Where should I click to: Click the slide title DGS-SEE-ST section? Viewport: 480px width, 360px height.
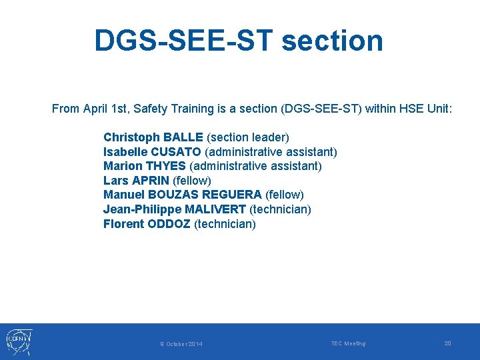click(x=239, y=40)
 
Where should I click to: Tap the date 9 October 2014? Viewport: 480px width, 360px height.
click(x=181, y=344)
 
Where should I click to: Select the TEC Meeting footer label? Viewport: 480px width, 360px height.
click(x=348, y=343)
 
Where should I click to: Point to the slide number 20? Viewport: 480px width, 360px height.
click(x=447, y=343)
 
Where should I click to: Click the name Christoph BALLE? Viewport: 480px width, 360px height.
click(x=153, y=137)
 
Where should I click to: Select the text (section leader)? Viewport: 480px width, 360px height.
click(x=248, y=137)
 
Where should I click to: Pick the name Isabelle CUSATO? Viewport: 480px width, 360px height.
click(x=152, y=152)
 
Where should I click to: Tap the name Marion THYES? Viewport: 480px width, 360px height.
click(x=144, y=166)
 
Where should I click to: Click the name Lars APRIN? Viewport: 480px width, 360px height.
click(x=136, y=181)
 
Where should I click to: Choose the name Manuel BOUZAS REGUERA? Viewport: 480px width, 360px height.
click(x=182, y=195)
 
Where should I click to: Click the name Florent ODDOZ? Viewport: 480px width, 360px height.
click(x=147, y=224)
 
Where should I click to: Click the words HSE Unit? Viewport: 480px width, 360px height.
click(x=425, y=109)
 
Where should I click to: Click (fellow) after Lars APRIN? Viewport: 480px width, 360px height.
click(x=192, y=181)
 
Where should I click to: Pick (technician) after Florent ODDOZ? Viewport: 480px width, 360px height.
click(x=225, y=224)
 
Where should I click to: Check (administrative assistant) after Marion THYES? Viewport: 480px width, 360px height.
click(x=255, y=166)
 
